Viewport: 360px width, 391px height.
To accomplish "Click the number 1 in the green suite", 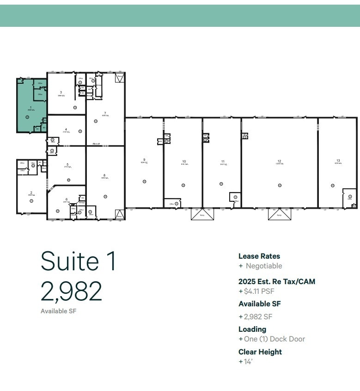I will (31, 107).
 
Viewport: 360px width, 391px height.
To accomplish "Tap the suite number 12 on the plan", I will (279, 161).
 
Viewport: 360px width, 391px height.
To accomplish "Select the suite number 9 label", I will (144, 159).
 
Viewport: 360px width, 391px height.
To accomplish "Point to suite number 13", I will (338, 161).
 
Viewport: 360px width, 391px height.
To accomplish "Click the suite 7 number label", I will (105, 113).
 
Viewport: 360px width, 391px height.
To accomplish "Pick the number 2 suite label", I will (31, 192).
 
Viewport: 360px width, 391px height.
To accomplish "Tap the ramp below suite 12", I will (279, 214).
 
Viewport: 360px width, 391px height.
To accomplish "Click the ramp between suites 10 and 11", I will (202, 214).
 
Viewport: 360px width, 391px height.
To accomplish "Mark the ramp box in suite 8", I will (119, 214).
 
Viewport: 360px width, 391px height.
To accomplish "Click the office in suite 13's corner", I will (349, 199).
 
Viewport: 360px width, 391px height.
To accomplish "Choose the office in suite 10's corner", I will (172, 203).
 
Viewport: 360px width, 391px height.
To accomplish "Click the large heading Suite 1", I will (79, 261).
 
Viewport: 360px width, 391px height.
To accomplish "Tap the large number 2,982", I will (71, 292).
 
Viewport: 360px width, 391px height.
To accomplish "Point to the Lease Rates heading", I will (259, 256).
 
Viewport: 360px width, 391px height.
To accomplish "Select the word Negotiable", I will (263, 266).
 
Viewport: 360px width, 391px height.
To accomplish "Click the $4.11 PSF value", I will (259, 292).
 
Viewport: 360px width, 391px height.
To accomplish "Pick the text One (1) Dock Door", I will (275, 339).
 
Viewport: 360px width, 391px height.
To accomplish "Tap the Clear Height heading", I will (260, 352).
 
